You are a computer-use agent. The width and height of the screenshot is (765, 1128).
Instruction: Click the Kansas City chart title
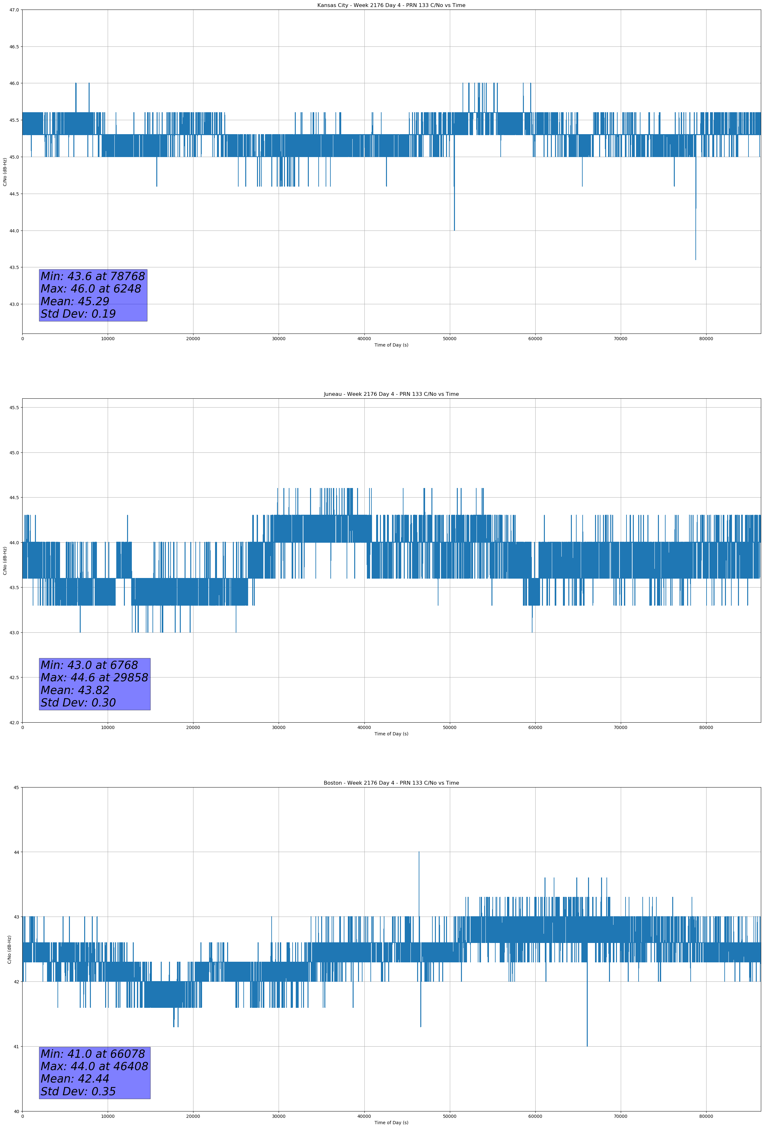coord(391,5)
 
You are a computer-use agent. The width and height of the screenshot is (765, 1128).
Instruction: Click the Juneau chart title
coord(391,394)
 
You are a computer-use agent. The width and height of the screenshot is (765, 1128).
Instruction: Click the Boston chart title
coord(391,783)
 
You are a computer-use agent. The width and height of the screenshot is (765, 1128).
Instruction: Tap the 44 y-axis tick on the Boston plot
coord(16,852)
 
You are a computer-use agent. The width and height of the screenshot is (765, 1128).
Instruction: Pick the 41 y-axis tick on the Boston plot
coord(16,1047)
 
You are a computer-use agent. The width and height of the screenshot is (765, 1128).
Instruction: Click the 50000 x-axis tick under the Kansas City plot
coord(450,339)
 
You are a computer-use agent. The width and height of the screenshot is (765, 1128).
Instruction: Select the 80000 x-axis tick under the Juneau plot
coord(706,727)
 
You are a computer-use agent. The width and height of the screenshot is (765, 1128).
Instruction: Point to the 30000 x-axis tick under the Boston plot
coord(278,1116)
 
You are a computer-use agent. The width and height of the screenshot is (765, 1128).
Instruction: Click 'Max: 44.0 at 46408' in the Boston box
coord(94,1066)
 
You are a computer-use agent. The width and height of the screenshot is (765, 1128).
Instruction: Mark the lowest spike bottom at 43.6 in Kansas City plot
coord(696,260)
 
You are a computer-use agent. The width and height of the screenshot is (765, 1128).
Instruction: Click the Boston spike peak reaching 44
coord(419,852)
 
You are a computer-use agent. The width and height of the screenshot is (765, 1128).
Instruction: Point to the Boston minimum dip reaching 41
coord(587,1046)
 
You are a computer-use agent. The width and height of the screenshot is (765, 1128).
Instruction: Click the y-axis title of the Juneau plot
coord(5,561)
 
